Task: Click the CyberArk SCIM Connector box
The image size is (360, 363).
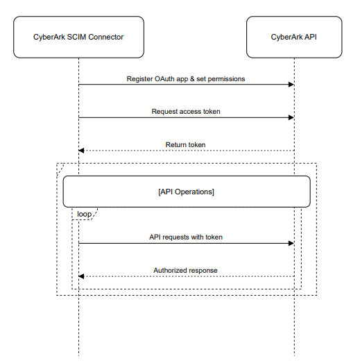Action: [x=78, y=37]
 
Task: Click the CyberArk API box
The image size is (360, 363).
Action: [x=294, y=37]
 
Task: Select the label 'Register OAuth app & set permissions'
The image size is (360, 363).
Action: [x=186, y=79]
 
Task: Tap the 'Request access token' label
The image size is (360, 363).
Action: [x=186, y=111]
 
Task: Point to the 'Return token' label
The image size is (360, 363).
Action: [x=186, y=144]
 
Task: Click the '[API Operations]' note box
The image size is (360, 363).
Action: [x=186, y=192]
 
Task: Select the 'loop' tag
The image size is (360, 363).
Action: [x=83, y=214]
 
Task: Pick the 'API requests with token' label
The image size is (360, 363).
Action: [x=186, y=237]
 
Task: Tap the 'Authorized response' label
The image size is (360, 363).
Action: [x=186, y=270]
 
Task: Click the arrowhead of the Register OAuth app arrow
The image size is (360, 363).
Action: [x=291, y=85]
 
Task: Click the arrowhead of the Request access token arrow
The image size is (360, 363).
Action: [x=291, y=117]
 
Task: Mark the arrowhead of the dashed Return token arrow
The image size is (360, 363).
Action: [x=81, y=151]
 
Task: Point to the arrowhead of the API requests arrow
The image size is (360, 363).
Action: [x=291, y=243]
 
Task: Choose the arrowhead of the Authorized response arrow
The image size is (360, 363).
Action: [x=81, y=276]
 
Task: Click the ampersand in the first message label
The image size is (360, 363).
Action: [x=200, y=79]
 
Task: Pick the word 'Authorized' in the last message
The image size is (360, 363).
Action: [x=169, y=270]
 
